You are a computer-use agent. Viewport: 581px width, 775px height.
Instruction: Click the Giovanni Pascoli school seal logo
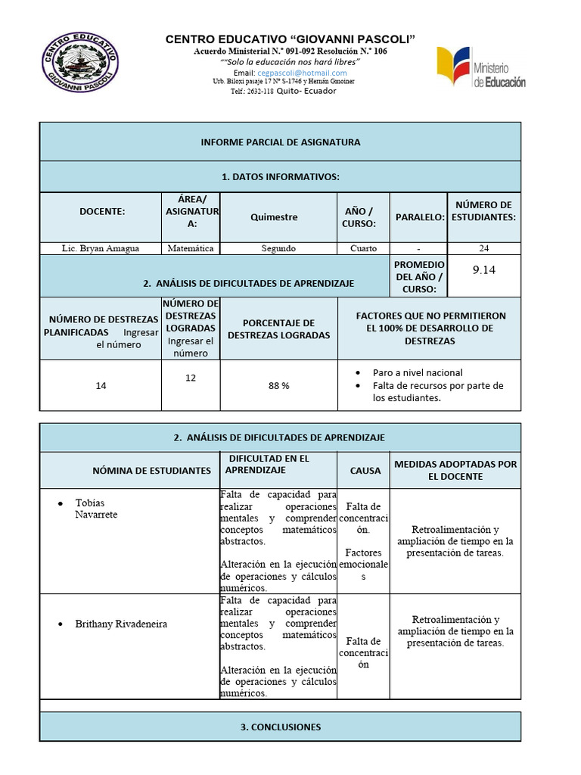coord(80,63)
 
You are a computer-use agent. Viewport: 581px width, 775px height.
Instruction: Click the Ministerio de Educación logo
coord(480,67)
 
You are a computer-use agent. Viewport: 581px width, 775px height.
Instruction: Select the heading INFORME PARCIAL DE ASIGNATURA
coord(280,142)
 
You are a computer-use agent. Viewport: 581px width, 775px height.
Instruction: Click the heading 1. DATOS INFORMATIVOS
coord(280,177)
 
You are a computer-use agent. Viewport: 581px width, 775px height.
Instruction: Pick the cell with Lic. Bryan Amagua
coord(100,248)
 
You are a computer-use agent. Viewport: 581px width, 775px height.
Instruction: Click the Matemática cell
coord(191,248)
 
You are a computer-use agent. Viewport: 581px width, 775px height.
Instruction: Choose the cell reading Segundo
coord(278,248)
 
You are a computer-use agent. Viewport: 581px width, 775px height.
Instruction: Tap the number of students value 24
coord(484,248)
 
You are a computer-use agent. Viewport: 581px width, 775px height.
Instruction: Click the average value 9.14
coord(484,269)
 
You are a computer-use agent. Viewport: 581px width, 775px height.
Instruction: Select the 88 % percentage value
coord(279,385)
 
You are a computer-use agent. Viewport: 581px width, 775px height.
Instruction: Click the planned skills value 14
coord(101,385)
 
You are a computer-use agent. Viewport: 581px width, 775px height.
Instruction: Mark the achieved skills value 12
coord(191,377)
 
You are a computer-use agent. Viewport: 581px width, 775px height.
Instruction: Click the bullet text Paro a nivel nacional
coord(418,372)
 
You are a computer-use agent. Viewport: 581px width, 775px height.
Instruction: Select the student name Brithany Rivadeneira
coord(121,624)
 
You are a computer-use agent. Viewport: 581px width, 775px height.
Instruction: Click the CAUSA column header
coord(365,470)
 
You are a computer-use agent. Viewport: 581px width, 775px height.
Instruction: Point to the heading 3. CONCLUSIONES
coord(280,727)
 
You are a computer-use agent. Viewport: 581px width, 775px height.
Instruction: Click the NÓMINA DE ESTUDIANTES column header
coord(151,470)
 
